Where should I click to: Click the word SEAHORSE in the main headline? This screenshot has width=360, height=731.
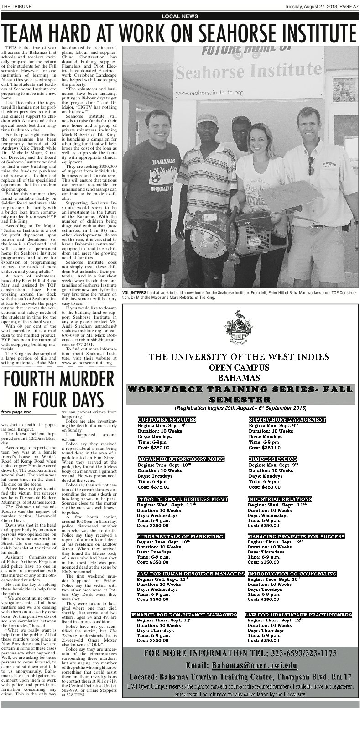coord(249,33)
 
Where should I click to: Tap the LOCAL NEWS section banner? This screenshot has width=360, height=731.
coord(180,16)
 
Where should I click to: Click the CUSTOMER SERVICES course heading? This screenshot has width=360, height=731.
coord(167,419)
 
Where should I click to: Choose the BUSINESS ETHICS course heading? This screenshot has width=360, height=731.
coord(272,459)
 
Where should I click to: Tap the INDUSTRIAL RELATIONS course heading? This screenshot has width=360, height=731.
coord(280,499)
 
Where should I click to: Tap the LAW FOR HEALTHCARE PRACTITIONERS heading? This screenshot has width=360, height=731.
coord(299,615)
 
